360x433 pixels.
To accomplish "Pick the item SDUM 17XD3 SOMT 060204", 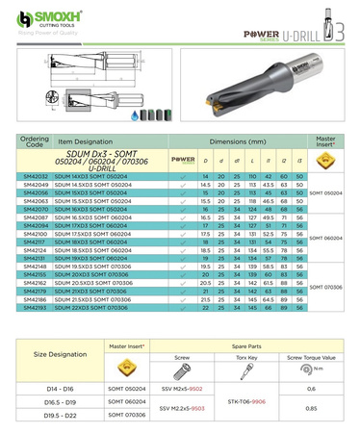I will click(x=99, y=225).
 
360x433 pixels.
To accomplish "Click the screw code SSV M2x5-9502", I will click(x=179, y=388).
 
